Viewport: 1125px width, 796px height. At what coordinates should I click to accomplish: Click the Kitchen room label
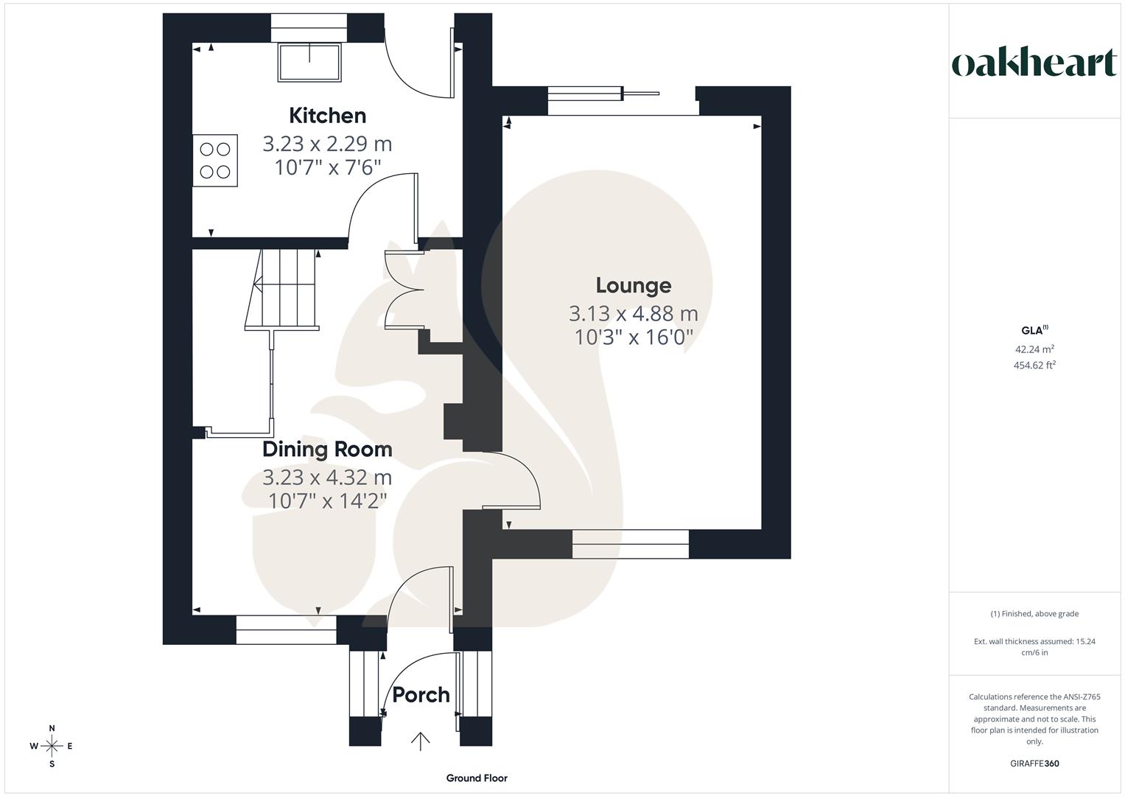(327, 116)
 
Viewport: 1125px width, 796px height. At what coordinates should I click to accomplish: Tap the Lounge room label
(633, 285)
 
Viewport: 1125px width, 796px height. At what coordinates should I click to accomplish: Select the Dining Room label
(327, 449)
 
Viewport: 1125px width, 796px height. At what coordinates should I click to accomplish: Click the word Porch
(421, 695)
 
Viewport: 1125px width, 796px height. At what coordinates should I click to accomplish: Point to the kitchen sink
(309, 62)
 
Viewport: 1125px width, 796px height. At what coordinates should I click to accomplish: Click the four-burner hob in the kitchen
(215, 160)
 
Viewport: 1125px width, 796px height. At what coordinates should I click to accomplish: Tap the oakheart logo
(1034, 63)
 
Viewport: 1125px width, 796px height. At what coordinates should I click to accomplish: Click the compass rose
(52, 746)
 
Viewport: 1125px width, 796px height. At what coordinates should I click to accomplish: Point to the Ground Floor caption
(477, 778)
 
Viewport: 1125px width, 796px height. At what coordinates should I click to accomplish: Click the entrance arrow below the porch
(421, 741)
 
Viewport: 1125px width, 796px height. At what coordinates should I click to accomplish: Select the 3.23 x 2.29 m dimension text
(327, 144)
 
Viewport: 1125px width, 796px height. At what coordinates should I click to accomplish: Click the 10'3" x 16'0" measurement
(633, 338)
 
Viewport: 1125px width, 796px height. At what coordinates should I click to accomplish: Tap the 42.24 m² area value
(1034, 349)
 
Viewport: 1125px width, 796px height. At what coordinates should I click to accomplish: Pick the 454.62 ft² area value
(1034, 365)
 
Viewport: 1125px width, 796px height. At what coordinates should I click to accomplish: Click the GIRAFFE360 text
(1034, 764)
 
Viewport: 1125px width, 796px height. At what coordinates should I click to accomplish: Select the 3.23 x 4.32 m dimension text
(327, 478)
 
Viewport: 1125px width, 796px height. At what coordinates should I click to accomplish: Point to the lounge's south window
(631, 544)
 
